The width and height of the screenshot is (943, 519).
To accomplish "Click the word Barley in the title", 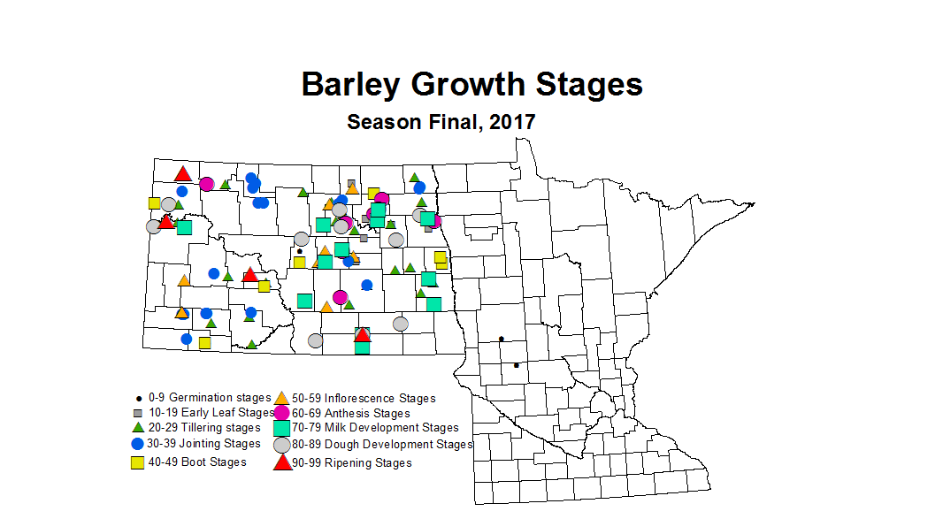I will pos(351,85).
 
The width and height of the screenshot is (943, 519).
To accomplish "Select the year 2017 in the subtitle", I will pos(512,122).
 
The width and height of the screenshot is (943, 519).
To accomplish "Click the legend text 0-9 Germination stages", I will pos(204,398).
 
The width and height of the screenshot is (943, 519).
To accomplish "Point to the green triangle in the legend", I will pos(137,428).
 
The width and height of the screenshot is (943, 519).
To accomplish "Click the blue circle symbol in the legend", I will pos(137,444).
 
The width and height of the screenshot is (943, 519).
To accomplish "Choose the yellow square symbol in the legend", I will pos(137,462).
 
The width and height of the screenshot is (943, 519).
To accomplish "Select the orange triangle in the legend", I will pos(281,398).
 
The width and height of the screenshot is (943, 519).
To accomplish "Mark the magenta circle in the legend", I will pos(281,413).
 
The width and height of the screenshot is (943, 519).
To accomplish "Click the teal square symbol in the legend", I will pos(281,428).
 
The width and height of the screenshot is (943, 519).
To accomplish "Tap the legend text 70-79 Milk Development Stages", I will pos(375,428).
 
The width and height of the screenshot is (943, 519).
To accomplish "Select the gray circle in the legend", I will pos(281,445).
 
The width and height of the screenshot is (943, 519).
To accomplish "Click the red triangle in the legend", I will pos(281,462).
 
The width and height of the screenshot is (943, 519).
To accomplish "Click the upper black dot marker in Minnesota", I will pos(502,339).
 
